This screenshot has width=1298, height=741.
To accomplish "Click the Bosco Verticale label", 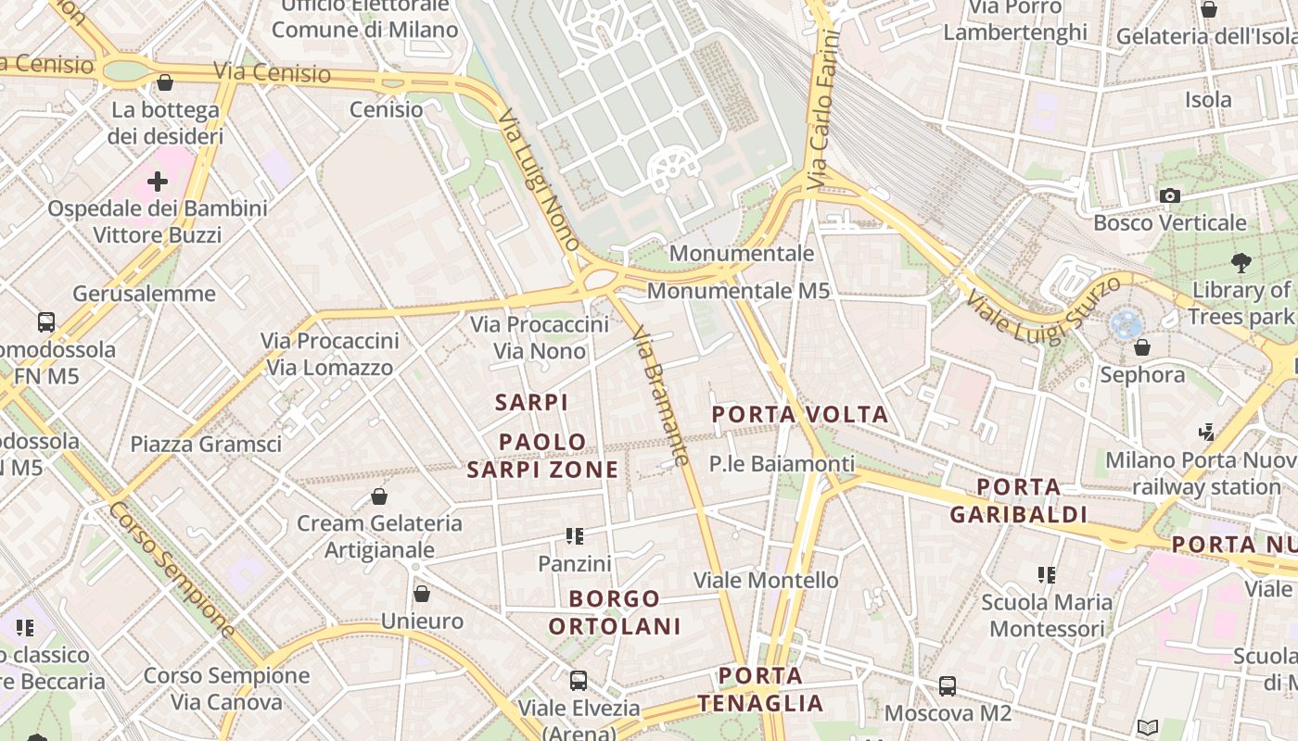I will [1169, 222].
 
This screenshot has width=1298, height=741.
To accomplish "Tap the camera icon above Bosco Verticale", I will [1170, 195].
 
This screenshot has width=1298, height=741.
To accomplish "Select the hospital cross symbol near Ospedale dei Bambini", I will [158, 181].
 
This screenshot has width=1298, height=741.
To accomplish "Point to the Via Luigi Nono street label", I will [539, 181].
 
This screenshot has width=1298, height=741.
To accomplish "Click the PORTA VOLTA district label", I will [800, 414].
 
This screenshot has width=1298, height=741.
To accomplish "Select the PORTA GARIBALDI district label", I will [1018, 500].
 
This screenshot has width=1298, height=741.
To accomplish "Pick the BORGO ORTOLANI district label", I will [615, 612].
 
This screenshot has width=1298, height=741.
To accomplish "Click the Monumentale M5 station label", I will [738, 291].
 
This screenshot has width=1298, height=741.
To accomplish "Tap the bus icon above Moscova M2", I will [947, 686].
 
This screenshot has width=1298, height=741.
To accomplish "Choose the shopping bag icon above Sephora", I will [1142, 347].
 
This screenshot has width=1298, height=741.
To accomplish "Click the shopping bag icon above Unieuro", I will [422, 594].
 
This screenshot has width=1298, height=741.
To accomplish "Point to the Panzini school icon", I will [575, 536].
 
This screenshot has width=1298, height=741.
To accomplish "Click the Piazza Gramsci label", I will [206, 444].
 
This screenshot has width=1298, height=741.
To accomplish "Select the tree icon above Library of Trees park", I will [1241, 263].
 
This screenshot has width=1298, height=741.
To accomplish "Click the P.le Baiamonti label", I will [783, 463].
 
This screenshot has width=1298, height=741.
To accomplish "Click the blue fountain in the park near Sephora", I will [1126, 324].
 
